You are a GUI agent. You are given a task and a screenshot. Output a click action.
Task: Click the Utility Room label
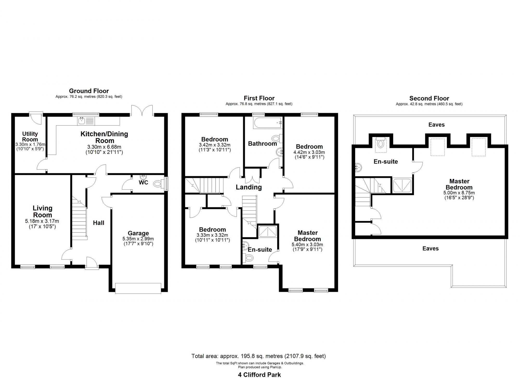[30, 136]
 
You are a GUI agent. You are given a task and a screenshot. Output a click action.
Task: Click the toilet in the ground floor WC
[158, 184]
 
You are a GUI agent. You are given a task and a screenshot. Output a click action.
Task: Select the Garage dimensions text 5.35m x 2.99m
[138, 239]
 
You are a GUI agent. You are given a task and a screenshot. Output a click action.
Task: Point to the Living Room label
[42, 211]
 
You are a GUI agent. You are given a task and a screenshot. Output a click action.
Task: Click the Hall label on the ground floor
[99, 223]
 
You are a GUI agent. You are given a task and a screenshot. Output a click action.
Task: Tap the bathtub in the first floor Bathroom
[268, 123]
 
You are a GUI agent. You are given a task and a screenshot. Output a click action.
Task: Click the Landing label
[249, 187]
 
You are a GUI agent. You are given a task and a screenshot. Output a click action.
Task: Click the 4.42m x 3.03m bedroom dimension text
[309, 152]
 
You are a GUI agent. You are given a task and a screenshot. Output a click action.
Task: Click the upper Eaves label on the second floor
[436, 125]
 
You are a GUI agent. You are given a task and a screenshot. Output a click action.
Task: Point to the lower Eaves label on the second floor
[430, 249]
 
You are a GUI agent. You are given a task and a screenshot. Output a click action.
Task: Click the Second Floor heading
[429, 98]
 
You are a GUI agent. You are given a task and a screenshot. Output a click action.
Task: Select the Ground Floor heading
[89, 91]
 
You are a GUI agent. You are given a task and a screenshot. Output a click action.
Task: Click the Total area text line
[258, 356]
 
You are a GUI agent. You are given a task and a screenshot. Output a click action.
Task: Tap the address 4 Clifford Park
[259, 375]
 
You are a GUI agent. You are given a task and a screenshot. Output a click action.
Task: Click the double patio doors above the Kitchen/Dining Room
[141, 110]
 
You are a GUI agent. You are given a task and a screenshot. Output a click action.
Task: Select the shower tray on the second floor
[402, 185]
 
